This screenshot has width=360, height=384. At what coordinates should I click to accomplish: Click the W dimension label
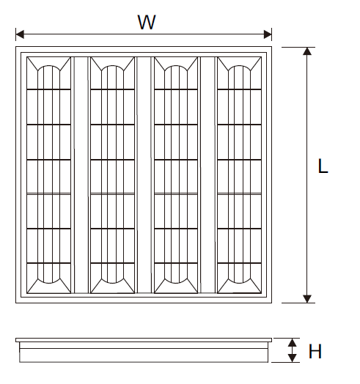(x=147, y=22)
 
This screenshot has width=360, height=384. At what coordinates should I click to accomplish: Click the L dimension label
(x=323, y=166)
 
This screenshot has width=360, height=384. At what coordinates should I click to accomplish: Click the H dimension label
(x=315, y=351)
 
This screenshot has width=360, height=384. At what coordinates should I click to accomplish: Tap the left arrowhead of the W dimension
(x=20, y=34)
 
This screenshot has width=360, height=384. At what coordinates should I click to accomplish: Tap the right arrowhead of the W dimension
(x=268, y=34)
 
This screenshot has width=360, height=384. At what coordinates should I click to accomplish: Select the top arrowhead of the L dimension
(x=307, y=51)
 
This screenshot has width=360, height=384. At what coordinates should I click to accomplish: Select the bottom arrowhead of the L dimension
(x=307, y=299)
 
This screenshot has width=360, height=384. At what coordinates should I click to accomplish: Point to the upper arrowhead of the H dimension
(x=292, y=342)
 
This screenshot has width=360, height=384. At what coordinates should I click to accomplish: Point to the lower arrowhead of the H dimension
(x=292, y=358)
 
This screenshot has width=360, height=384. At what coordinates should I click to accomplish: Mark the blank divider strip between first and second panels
(x=81, y=175)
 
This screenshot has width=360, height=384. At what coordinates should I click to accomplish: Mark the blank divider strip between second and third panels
(x=144, y=175)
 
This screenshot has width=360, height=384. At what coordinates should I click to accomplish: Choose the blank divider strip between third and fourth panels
(x=207, y=175)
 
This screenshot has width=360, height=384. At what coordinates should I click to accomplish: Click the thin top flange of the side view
(x=144, y=340)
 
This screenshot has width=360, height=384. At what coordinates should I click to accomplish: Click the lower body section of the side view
(x=144, y=355)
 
